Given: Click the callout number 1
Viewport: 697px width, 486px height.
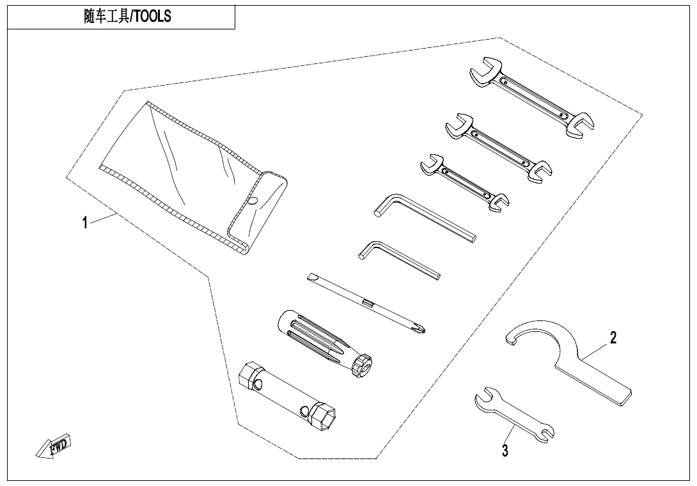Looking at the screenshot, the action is click(x=85, y=222).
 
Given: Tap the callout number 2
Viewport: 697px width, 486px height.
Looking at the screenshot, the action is click(x=613, y=338).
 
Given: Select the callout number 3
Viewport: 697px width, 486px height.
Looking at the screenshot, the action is click(x=505, y=450).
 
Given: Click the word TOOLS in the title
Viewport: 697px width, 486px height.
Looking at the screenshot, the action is click(x=152, y=17).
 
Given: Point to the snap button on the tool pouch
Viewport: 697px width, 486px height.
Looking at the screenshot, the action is click(x=253, y=201).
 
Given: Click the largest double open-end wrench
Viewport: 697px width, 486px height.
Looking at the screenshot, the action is click(x=531, y=97).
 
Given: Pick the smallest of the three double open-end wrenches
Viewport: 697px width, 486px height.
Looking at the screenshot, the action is click(x=464, y=182).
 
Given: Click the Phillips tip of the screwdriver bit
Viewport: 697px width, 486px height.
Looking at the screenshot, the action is click(x=419, y=327).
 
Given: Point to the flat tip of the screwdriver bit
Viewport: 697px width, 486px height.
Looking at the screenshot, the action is click(x=311, y=278).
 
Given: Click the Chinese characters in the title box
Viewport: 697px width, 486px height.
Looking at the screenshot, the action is click(x=106, y=17).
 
